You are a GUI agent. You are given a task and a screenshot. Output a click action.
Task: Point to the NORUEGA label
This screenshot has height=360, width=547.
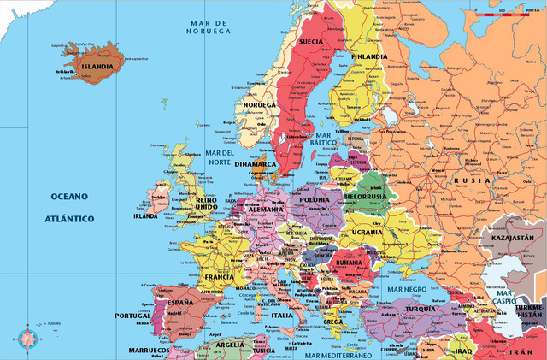(x=260, y=104)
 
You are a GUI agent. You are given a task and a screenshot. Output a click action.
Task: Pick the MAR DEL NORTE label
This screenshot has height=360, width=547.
(x=221, y=157)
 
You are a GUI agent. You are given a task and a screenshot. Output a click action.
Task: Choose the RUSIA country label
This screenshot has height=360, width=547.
(x=472, y=180)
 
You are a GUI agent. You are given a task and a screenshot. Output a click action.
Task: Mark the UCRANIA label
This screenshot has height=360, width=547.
(x=368, y=232)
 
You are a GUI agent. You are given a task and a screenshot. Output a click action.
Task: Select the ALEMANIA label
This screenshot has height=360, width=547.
(x=266, y=210)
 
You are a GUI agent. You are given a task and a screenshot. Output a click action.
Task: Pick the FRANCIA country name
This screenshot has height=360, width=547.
(x=220, y=277)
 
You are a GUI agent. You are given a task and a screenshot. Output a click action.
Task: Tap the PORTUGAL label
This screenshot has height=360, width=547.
(x=132, y=316)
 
